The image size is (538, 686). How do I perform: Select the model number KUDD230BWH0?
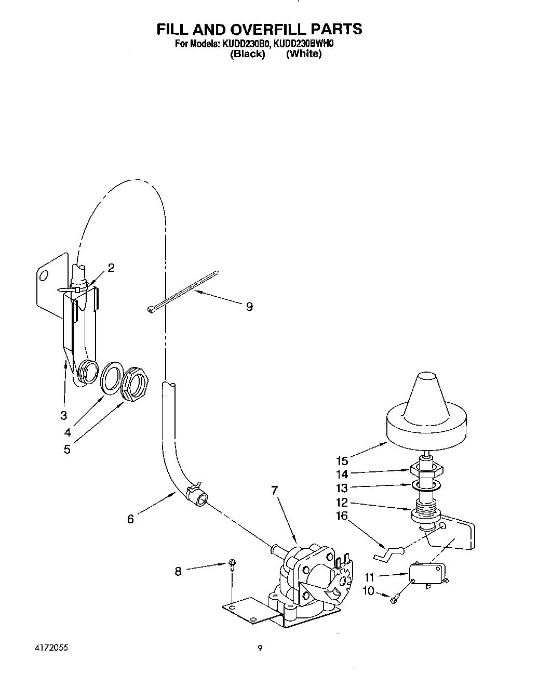tap(303, 44)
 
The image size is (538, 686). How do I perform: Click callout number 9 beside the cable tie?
tap(249, 307)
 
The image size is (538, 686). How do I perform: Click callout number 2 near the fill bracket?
tap(111, 268)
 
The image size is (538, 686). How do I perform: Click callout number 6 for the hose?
tap(130, 519)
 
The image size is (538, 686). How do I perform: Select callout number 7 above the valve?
tap(275, 490)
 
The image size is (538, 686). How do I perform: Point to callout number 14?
tap(341, 474)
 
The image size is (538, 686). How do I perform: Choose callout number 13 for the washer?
tap(341, 488)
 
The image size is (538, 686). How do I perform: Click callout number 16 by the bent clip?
tap(341, 516)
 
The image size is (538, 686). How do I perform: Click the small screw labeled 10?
tap(393, 600)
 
